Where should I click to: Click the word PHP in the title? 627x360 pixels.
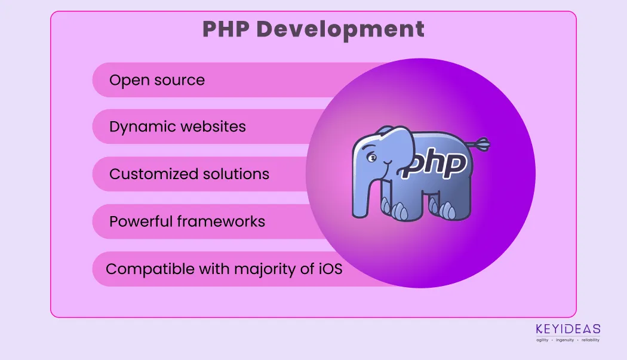coord(226,29)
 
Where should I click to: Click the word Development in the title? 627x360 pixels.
coord(340,30)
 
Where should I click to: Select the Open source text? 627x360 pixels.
coord(157,80)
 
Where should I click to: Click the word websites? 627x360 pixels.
coord(212,127)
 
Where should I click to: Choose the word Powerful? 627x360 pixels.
coord(141,221)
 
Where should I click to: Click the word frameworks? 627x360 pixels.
coord(221,221)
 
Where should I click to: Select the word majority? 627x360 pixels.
coord(265,269)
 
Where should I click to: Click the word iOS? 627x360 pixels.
coord(330,269)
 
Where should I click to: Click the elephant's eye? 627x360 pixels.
coord(372,158)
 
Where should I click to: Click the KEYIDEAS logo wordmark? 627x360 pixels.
coord(568,329)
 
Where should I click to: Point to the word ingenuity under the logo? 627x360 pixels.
coord(565,340)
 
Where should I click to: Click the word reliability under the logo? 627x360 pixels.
coord(590,340)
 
